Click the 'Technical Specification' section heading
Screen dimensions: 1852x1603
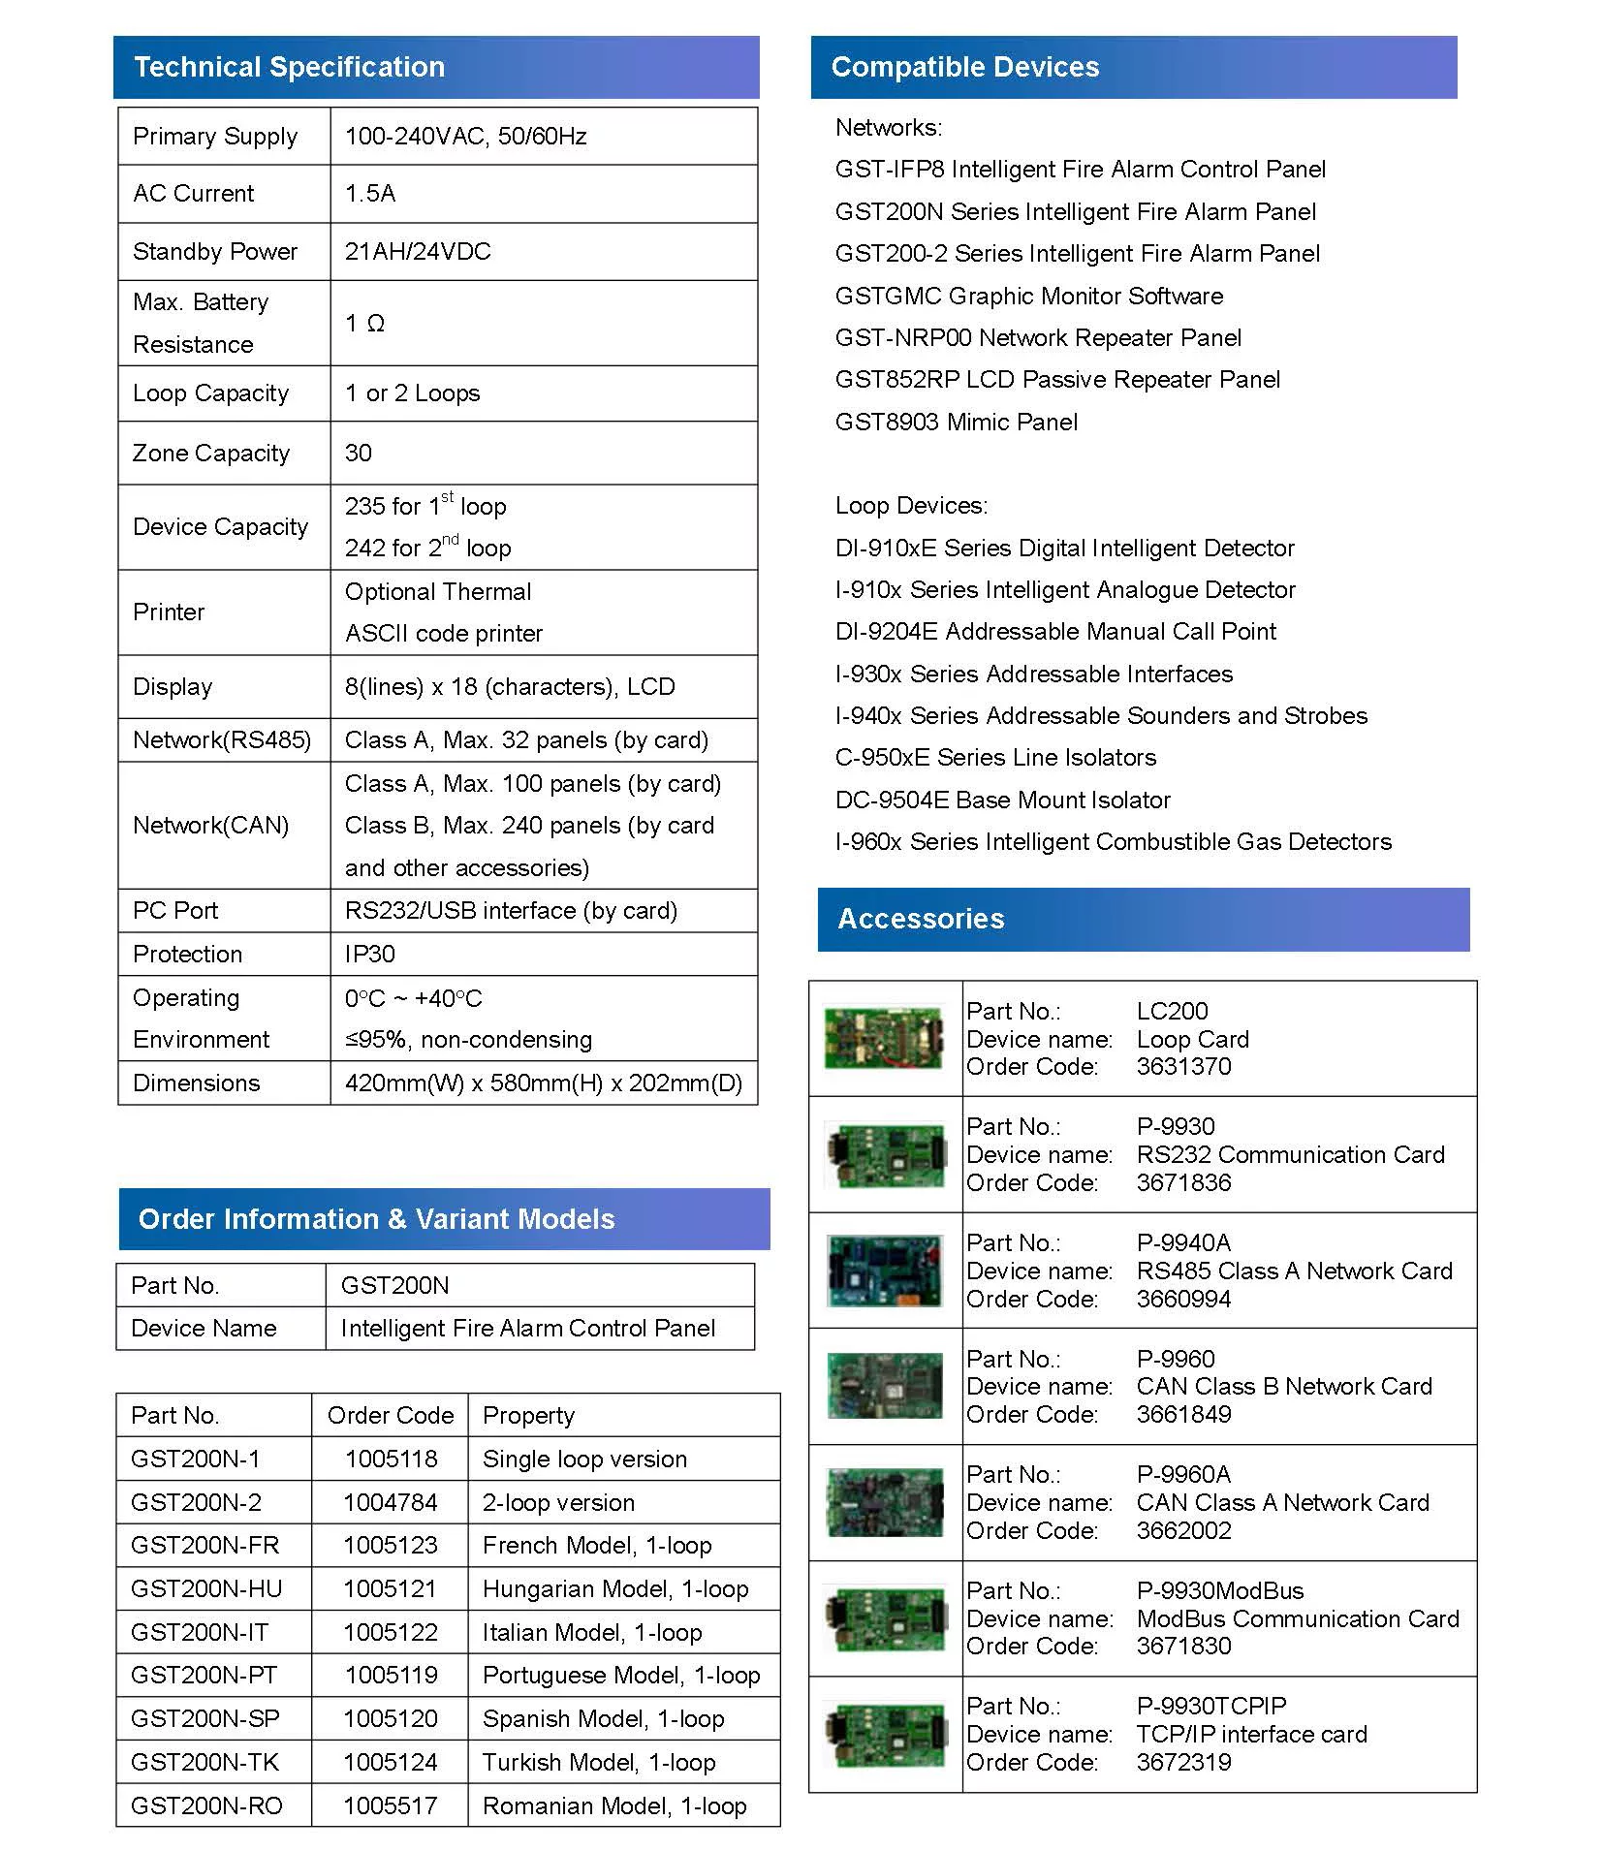(289, 67)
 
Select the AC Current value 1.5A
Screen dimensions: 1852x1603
(370, 194)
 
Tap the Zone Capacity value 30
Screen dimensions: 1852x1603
(359, 453)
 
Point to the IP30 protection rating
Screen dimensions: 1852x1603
(370, 954)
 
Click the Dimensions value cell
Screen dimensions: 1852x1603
(543, 1083)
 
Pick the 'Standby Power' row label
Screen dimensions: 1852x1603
(215, 252)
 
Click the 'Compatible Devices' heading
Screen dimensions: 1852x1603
(964, 67)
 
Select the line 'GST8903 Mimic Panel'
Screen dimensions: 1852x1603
(956, 422)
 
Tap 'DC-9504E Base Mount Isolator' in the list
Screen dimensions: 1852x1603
(1002, 800)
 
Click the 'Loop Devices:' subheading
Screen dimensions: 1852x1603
(911, 505)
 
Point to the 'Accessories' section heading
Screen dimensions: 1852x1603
(921, 919)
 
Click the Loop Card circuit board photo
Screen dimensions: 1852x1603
(883, 1038)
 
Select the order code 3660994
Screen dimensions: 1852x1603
(1183, 1299)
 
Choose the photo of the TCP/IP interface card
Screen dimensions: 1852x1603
(885, 1734)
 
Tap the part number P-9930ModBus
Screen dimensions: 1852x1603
(1219, 1590)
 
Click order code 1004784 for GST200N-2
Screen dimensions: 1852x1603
(390, 1502)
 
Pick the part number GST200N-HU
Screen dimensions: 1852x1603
(206, 1588)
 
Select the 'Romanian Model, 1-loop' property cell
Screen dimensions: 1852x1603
(614, 1805)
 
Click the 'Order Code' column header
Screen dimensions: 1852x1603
(390, 1415)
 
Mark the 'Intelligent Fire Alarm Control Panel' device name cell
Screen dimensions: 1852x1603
(527, 1328)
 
